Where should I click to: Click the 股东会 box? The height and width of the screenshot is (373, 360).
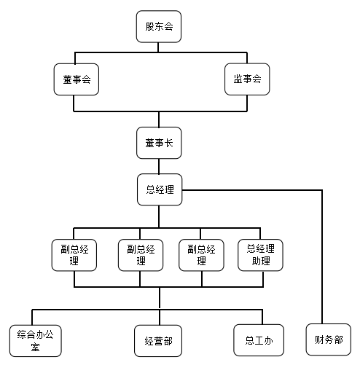point(159,26)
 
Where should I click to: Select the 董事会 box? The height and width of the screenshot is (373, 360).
point(77,79)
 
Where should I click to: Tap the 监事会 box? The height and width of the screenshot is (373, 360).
point(247,79)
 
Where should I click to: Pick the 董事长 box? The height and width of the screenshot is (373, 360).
point(159,143)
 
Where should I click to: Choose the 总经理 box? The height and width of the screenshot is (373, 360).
point(160,189)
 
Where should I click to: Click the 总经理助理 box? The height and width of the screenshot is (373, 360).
point(260,255)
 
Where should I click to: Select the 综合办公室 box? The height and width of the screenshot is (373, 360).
point(36,341)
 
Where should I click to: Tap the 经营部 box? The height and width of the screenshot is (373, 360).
point(158,341)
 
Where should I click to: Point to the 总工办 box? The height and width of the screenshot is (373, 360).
point(259,340)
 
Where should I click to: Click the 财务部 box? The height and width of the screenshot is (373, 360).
point(329,339)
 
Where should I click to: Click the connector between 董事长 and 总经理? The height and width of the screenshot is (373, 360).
point(159,166)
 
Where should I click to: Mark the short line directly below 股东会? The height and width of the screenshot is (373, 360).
point(158,47)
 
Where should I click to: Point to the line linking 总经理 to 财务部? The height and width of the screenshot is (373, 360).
point(322,190)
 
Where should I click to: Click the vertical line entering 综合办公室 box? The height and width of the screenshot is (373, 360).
point(32,318)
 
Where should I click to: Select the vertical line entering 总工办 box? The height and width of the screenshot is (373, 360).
point(262,317)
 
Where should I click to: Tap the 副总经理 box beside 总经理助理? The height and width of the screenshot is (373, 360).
point(201,255)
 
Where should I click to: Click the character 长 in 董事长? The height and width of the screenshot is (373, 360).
point(169,143)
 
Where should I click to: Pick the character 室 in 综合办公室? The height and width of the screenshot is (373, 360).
point(35,347)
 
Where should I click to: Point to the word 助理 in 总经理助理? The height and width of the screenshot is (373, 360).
point(261,261)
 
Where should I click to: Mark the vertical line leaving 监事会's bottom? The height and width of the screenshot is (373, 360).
point(247,103)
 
